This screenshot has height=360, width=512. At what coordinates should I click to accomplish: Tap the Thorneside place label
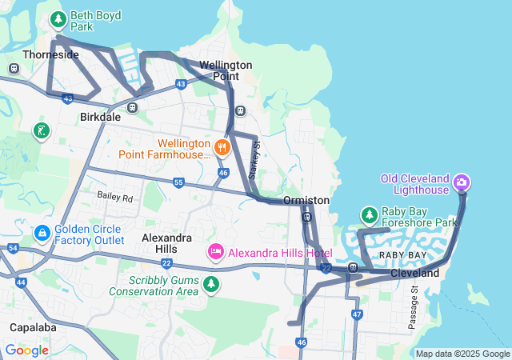click(51, 54)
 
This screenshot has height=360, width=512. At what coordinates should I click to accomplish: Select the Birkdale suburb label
click(100, 116)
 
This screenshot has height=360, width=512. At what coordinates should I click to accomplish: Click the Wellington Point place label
click(226, 70)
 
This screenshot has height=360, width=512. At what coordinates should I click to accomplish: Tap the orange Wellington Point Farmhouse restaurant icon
click(222, 146)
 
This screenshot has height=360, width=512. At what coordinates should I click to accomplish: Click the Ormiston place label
click(306, 200)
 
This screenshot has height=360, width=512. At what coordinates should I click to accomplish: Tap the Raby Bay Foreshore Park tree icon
click(369, 214)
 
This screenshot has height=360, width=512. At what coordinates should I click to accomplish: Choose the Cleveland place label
click(415, 274)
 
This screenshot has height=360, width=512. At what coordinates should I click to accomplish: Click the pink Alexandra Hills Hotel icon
click(215, 253)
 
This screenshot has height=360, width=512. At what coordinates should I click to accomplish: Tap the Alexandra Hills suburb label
click(166, 244)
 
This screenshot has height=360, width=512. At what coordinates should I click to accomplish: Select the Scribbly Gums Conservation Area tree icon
click(211, 284)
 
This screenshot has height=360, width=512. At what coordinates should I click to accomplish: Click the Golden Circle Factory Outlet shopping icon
click(42, 233)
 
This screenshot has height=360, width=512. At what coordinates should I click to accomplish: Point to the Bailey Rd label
click(114, 196)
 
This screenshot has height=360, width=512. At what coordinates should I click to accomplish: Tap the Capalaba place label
click(32, 327)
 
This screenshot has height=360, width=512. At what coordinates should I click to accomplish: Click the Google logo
click(26, 350)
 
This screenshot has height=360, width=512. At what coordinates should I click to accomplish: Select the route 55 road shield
click(178, 183)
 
